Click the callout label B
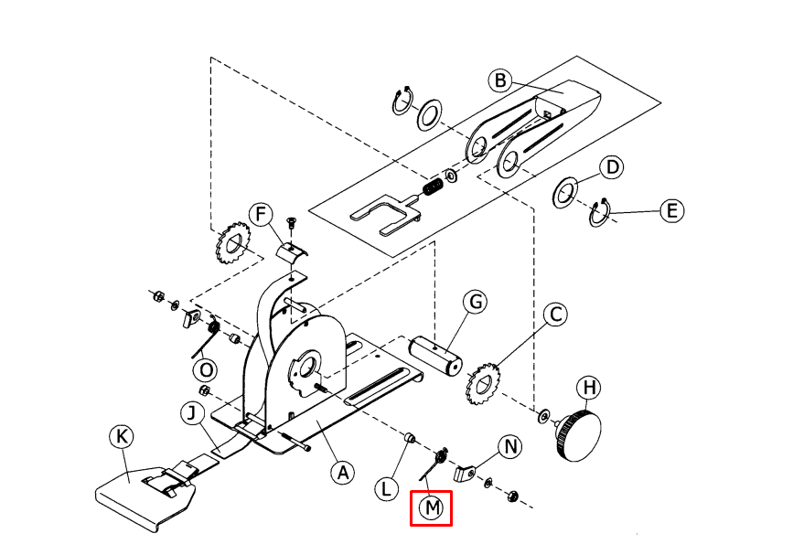click(x=500, y=80)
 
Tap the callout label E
click(x=672, y=211)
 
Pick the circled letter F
click(x=262, y=216)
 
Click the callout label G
click(x=476, y=303)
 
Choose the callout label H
click(x=591, y=389)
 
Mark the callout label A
click(x=342, y=473)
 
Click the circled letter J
click(x=191, y=414)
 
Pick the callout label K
click(x=121, y=437)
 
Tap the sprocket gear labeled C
click(x=485, y=384)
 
